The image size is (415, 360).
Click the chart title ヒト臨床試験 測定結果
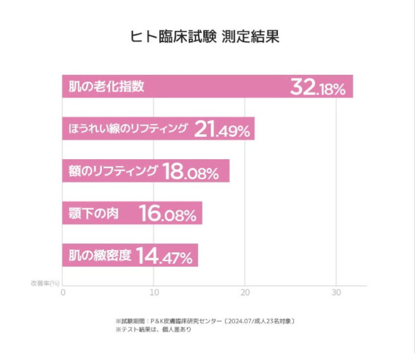pos(204,36)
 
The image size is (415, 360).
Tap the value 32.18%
pos(318,87)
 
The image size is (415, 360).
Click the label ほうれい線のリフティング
pos(128,129)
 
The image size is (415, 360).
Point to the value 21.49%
pos(223,130)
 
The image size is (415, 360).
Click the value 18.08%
pos(191,172)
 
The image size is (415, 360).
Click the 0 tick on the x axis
pos(63,293)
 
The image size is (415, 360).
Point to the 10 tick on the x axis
pos(154,293)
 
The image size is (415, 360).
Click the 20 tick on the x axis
pos(245,293)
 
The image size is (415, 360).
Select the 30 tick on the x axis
pos(336,293)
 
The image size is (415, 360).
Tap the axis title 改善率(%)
pos(45,283)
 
